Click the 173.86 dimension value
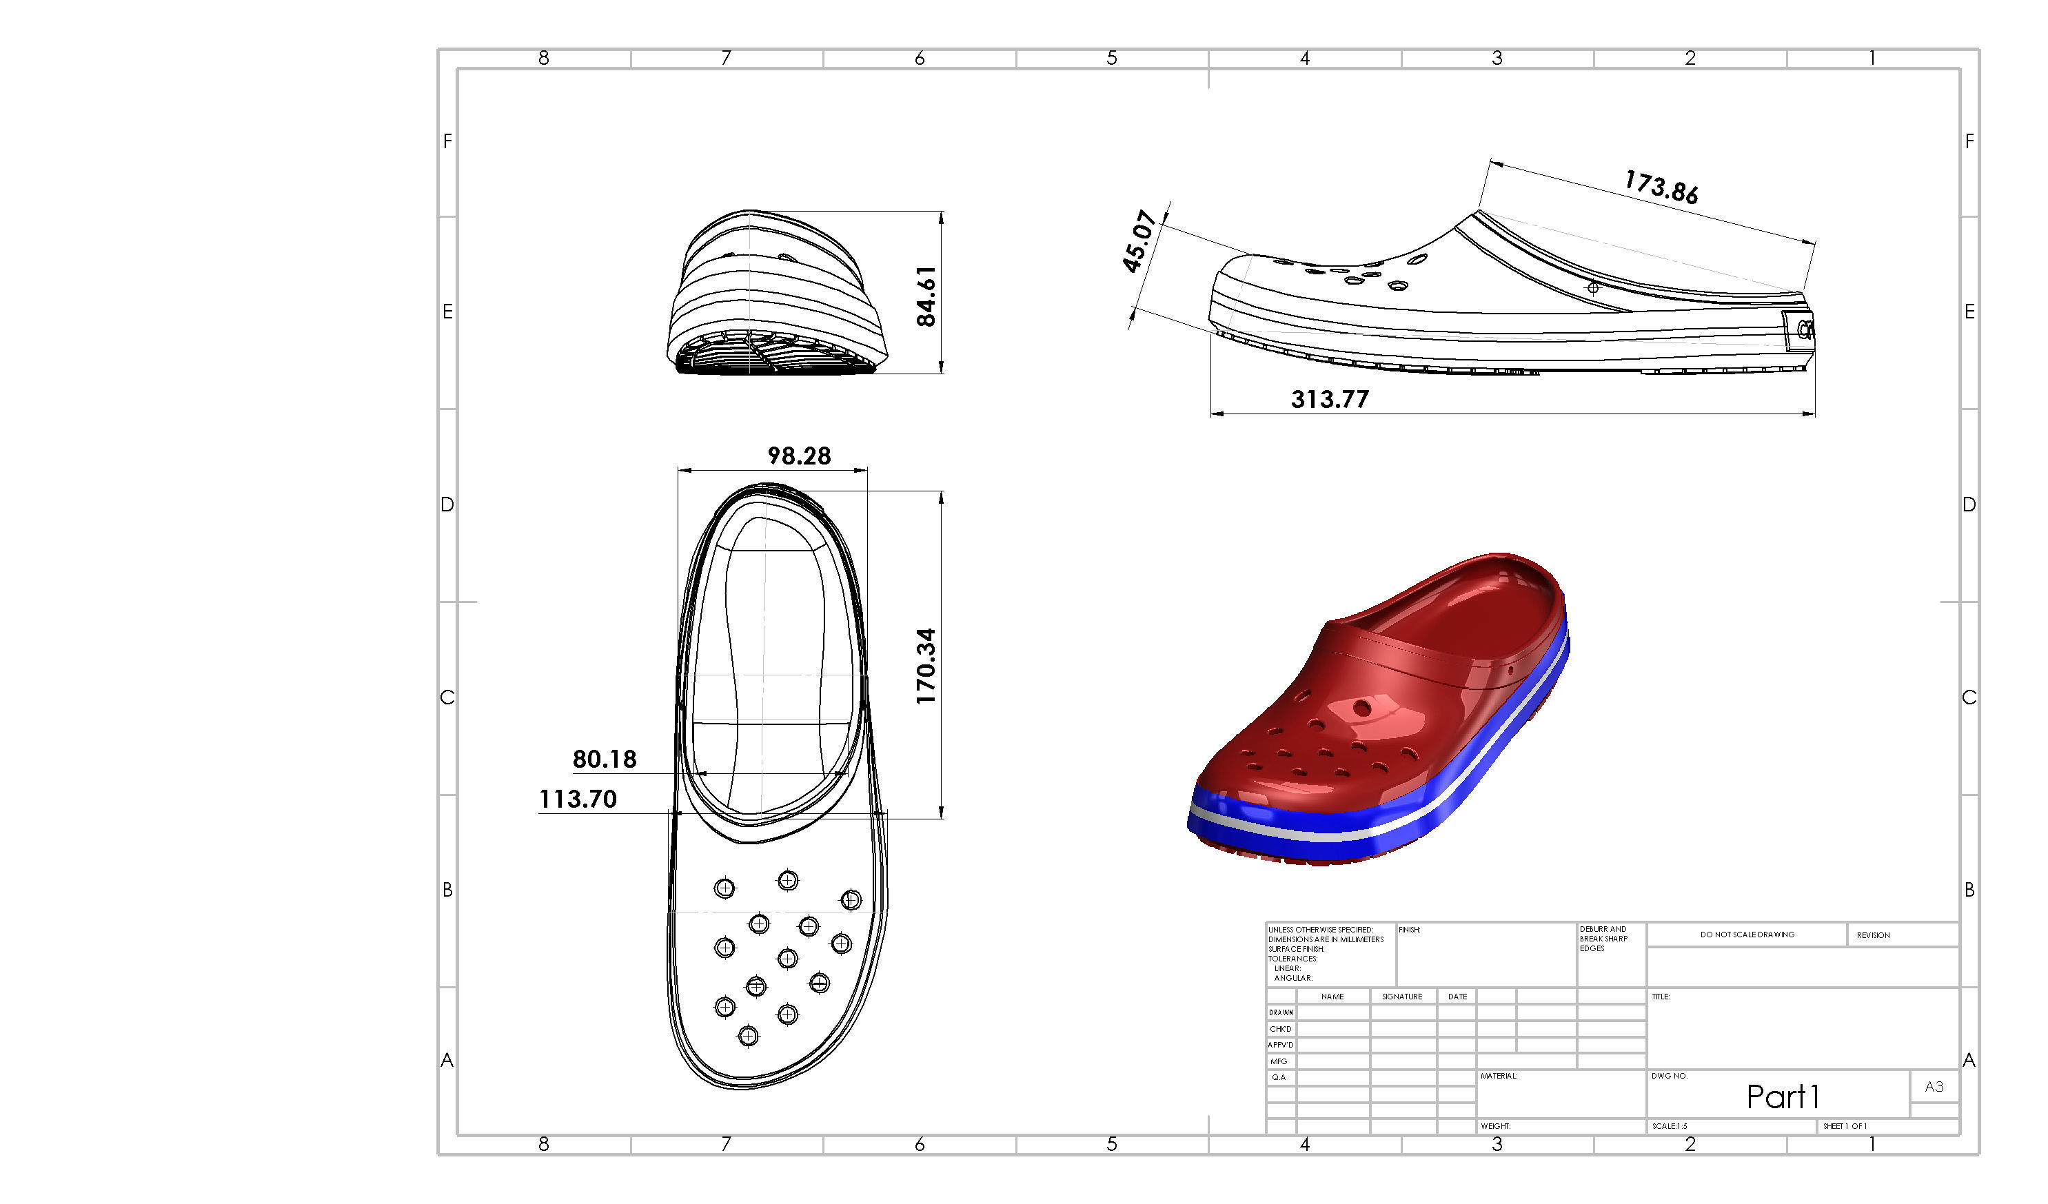pos(1661,187)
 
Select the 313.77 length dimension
pos(1330,399)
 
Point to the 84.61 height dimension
pos(926,296)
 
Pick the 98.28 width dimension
pos(799,456)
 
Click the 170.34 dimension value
pos(926,666)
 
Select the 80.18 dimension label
pos(604,759)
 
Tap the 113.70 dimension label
pos(578,799)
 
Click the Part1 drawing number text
pos(1782,1096)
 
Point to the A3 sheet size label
pos(1934,1086)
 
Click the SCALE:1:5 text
pos(1670,1126)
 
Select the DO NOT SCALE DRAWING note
pos(1747,935)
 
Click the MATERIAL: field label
pos(1499,1076)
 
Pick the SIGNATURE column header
pos(1402,996)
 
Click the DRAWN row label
pos(1281,1012)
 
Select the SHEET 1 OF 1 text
pos(1844,1126)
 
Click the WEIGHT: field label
pos(1495,1126)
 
